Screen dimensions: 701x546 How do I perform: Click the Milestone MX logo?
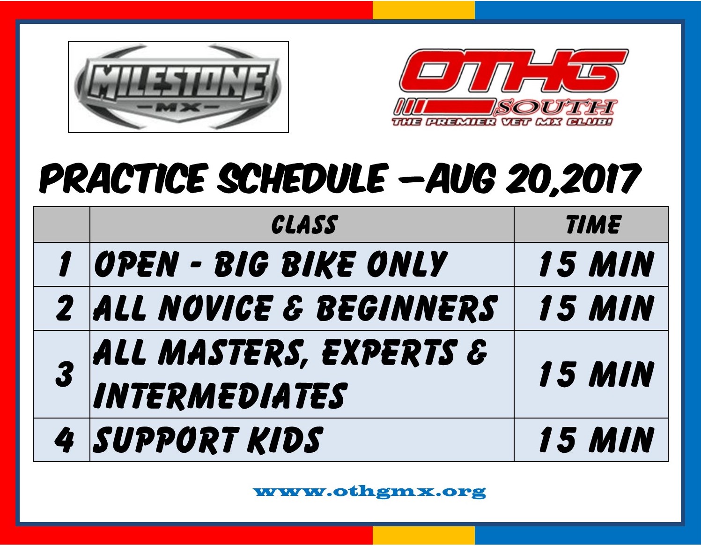point(178,87)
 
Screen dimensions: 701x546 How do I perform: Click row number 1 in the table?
point(64,264)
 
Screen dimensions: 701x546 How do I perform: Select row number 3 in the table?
point(64,374)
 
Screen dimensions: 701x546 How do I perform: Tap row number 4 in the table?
point(64,440)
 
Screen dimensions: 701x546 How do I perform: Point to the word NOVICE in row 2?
point(214,308)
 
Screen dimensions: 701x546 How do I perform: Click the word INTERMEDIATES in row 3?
point(221,395)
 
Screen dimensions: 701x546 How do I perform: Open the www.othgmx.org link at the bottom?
point(369,492)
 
